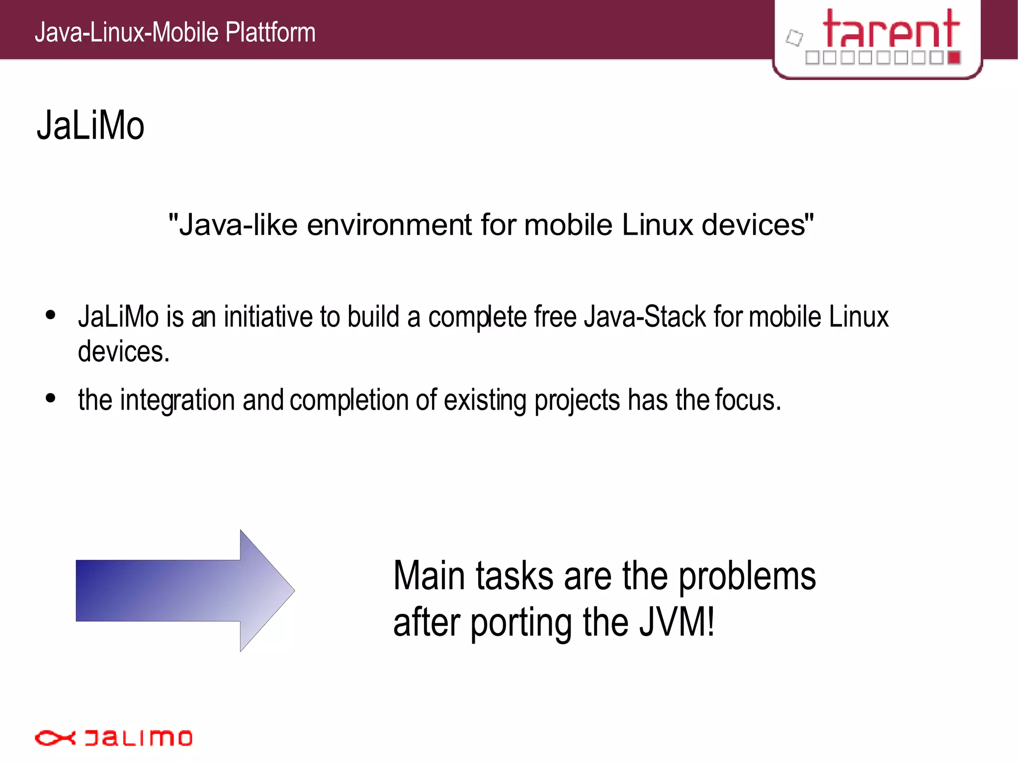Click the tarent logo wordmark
coord(891,29)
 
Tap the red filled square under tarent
coord(954,58)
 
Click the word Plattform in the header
coord(270,33)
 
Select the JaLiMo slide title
coord(90,126)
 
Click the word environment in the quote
coord(389,225)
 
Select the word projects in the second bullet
coord(577,400)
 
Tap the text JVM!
coord(677,622)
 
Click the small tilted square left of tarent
coord(794,38)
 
